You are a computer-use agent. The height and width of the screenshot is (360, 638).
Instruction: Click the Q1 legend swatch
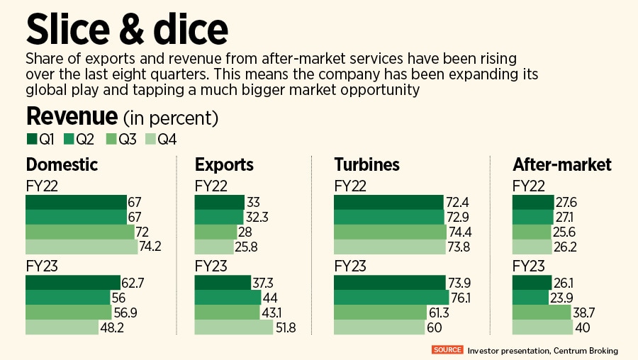click(x=31, y=139)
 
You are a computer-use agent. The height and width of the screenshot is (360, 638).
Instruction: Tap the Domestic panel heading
click(x=62, y=165)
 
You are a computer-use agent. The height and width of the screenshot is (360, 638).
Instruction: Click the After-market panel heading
click(x=562, y=165)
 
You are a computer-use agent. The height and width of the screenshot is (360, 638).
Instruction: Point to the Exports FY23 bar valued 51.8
click(x=233, y=327)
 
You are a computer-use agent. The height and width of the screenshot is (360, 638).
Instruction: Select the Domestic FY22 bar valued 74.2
click(x=82, y=247)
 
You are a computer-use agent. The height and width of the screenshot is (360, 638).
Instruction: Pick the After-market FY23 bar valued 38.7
click(x=542, y=312)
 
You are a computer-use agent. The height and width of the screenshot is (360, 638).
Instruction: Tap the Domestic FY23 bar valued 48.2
click(x=62, y=327)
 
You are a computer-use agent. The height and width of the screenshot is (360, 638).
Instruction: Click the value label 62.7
click(x=133, y=283)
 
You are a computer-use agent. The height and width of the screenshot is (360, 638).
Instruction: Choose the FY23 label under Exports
click(x=210, y=266)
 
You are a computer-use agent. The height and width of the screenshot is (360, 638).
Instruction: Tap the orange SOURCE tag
click(x=447, y=349)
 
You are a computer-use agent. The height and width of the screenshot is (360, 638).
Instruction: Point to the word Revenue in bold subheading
click(x=72, y=116)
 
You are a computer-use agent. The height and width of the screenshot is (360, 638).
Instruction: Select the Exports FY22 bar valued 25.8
click(x=216, y=247)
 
